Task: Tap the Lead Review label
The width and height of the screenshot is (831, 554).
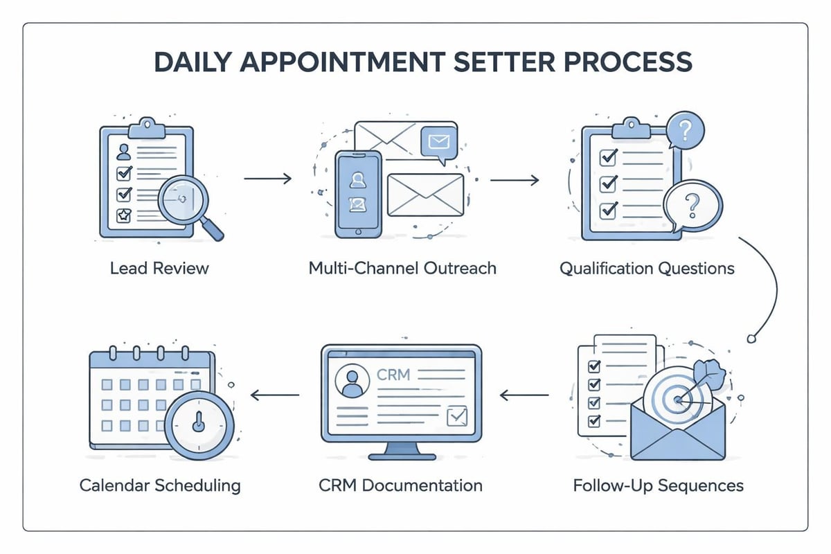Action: pos(159,268)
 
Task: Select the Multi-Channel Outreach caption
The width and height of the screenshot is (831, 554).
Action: pos(402,268)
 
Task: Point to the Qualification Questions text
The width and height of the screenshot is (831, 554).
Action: pos(647,268)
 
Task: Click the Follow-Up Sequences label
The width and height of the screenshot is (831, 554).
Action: pos(658,485)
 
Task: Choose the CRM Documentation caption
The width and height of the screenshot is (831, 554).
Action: pos(401,485)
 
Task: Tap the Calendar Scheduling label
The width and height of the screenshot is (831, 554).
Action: pos(160,485)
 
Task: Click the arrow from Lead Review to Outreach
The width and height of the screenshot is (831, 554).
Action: pos(268,179)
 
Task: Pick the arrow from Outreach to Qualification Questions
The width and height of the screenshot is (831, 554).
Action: pos(514,180)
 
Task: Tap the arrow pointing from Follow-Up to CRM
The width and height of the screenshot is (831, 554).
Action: pos(524,395)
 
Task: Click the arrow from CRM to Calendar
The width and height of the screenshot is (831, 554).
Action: pos(275,395)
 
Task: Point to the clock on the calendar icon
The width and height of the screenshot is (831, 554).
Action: pos(199,422)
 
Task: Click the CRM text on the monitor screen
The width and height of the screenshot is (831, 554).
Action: pos(393,375)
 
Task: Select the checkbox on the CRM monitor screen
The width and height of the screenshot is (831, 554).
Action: pos(457,415)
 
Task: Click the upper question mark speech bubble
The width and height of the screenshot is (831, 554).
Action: pos(684,129)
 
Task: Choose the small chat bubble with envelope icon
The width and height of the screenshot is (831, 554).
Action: pos(439,143)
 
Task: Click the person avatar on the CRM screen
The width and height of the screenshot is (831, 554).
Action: pos(352,382)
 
